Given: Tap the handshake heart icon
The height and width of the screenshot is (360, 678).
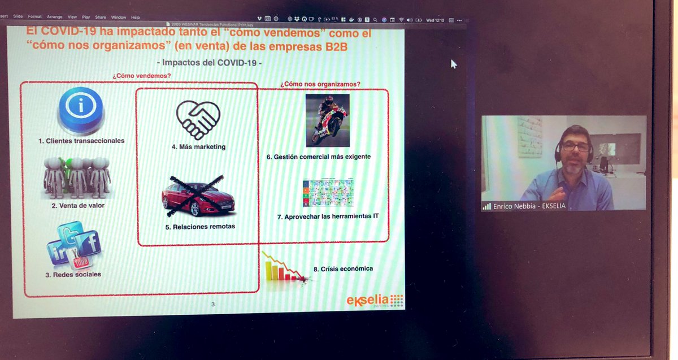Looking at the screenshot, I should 198,120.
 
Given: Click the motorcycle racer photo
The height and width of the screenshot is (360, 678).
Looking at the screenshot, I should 327,120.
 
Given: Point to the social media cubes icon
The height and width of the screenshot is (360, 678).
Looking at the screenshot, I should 74,246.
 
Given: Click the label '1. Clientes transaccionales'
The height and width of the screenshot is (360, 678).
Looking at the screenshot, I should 81,141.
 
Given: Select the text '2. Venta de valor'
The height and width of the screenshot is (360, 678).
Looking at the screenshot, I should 78,206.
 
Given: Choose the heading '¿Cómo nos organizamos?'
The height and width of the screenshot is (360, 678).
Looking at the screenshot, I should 320,84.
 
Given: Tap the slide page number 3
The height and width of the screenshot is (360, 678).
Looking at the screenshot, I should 213,305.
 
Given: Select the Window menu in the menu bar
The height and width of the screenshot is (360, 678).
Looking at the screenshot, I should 119,18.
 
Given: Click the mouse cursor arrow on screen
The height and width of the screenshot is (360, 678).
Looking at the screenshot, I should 454,64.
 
